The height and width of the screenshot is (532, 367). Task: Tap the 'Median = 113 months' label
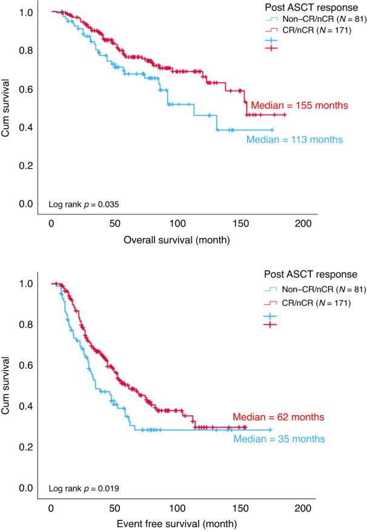294,140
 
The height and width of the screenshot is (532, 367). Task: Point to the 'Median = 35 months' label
279,439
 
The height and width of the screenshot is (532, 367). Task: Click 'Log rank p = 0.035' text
83,205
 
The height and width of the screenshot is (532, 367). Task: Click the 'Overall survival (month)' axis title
176,240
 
